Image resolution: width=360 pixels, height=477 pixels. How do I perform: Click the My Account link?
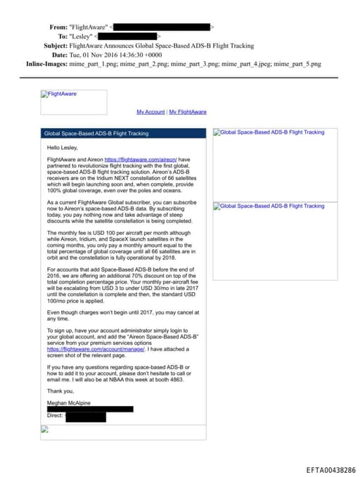pyautogui.click(x=150, y=112)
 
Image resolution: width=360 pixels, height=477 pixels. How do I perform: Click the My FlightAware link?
pyautogui.click(x=188, y=112)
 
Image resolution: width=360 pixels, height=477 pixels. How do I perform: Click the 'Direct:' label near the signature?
pyautogui.click(x=56, y=416)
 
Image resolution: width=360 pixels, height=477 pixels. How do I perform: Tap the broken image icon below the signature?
pyautogui.click(x=44, y=428)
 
